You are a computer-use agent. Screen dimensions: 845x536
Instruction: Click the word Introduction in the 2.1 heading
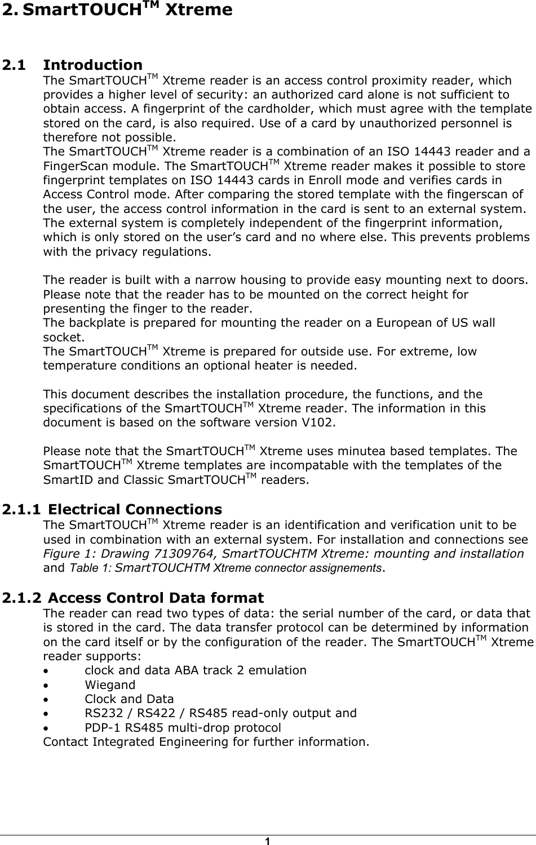93,65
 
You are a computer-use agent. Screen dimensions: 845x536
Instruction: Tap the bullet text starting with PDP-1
183,727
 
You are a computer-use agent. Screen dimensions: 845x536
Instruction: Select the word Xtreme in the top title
199,10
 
